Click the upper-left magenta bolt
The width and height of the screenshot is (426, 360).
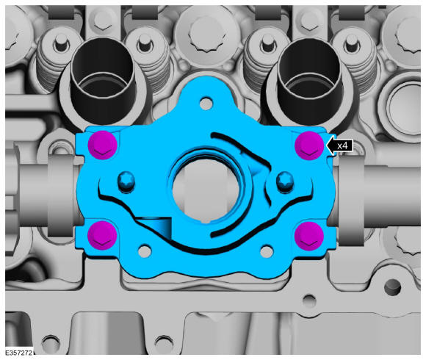(103, 145)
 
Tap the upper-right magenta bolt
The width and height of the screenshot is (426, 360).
(309, 145)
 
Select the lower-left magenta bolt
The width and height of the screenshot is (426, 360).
(102, 235)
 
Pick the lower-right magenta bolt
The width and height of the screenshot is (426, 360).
(309, 236)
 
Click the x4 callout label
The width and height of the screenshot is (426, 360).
(342, 146)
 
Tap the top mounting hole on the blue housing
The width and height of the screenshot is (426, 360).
(206, 104)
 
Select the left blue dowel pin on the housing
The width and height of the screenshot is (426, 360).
(126, 181)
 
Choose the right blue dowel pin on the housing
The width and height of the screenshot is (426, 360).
(284, 180)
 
